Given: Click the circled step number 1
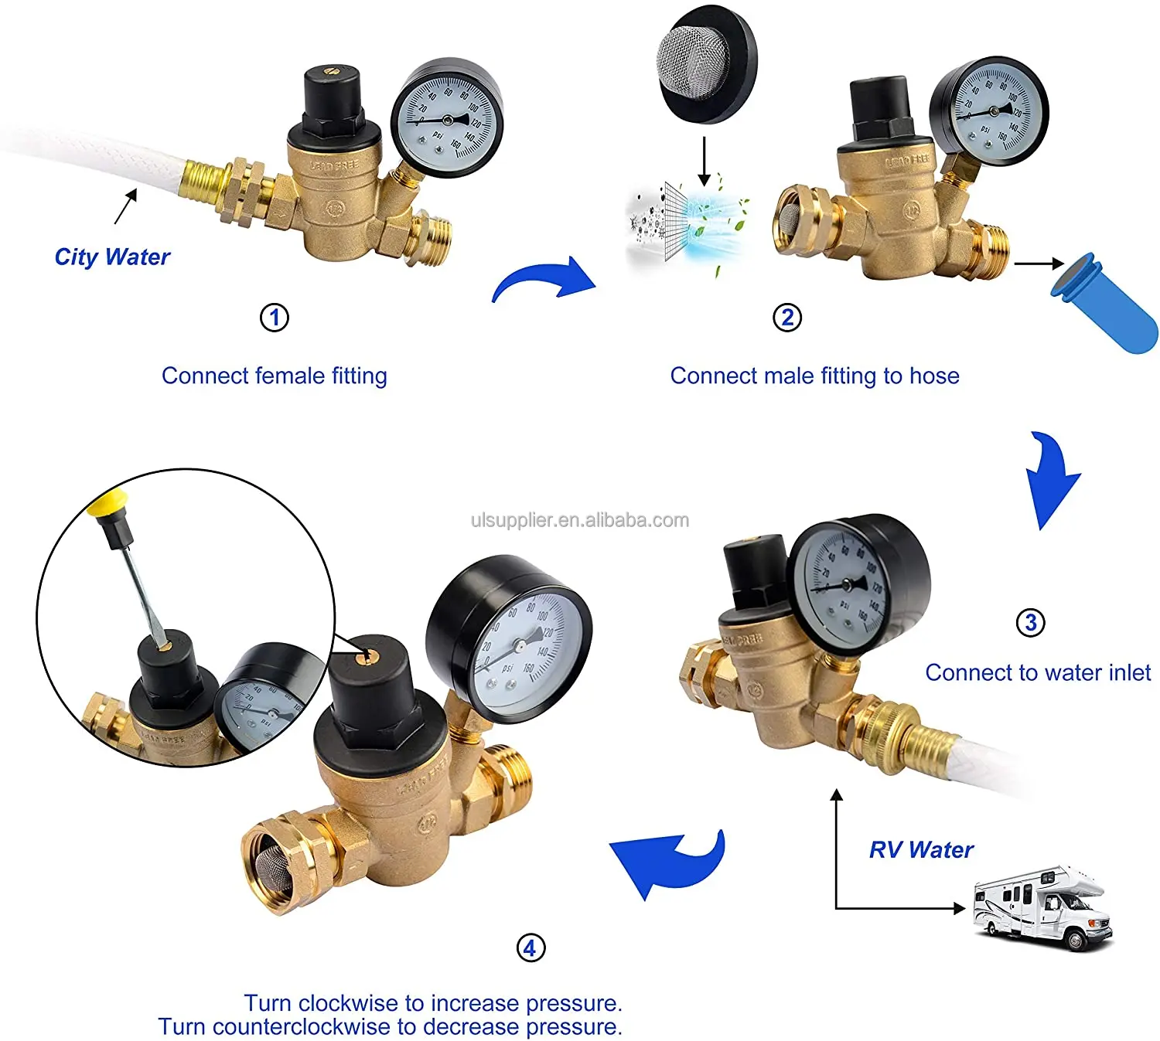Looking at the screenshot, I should pyautogui.click(x=274, y=318).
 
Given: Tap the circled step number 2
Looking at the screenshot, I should pyautogui.click(x=787, y=318).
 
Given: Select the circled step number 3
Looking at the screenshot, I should pyautogui.click(x=1030, y=622).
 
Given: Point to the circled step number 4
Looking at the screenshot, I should pyautogui.click(x=530, y=947).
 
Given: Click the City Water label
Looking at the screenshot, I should pyautogui.click(x=112, y=257).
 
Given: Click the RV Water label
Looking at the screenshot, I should pyautogui.click(x=921, y=850).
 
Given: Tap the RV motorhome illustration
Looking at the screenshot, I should pyautogui.click(x=1042, y=907).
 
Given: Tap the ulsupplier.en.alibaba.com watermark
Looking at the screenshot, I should pyautogui.click(x=580, y=520).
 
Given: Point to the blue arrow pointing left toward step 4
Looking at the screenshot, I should pyautogui.click(x=665, y=862).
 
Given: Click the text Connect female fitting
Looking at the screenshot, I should pyautogui.click(x=274, y=376).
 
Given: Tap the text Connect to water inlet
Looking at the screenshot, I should pyautogui.click(x=1038, y=673).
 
